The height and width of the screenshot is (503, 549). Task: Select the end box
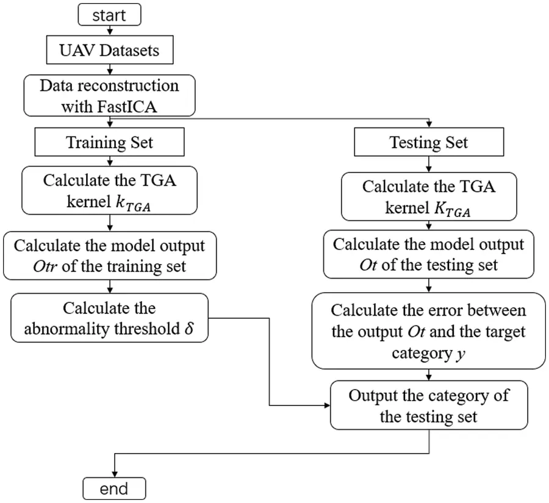pyautogui.click(x=114, y=488)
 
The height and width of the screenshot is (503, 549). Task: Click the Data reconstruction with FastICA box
pyautogui.click(x=110, y=94)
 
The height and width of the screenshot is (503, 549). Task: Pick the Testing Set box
pyautogui.click(x=429, y=143)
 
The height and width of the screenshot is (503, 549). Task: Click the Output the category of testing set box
pyautogui.click(x=429, y=405)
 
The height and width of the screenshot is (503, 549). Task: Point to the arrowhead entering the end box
pyautogui.click(x=114, y=474)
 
